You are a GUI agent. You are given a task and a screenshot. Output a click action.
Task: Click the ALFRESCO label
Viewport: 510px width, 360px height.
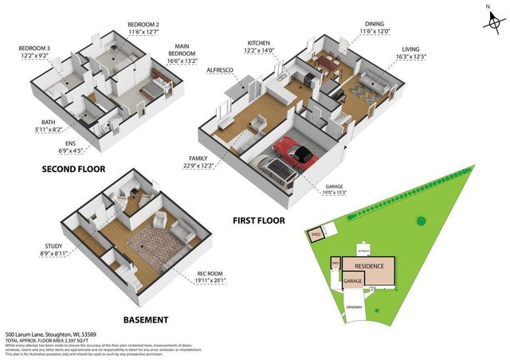click(x=219, y=71)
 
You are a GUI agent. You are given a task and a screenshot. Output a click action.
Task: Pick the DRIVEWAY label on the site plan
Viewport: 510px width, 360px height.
click(x=353, y=307)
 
